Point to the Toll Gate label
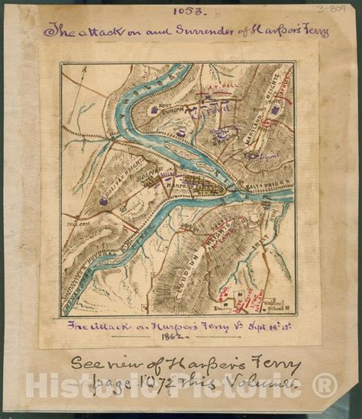[x=76, y=227]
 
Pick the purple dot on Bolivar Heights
[x=103, y=201]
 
